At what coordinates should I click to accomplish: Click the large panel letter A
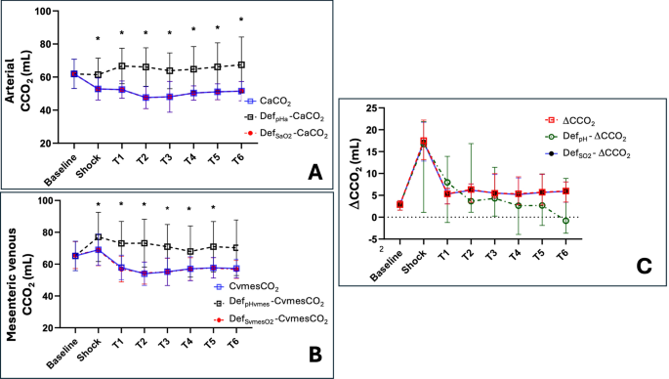click(314, 173)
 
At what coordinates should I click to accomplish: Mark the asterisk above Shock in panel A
click(98, 40)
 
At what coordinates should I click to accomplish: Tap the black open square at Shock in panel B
click(98, 237)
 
